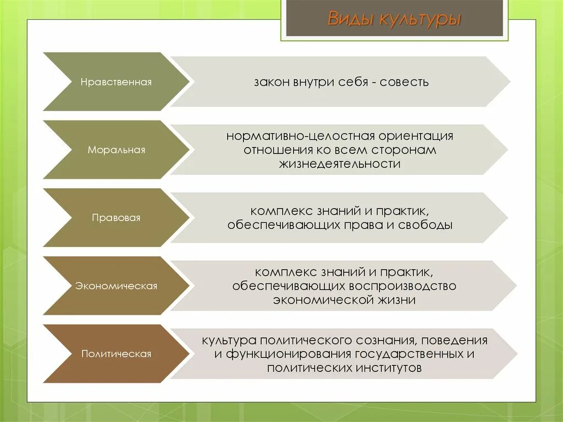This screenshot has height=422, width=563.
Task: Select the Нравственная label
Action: (116, 82)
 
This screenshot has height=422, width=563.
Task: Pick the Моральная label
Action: (116, 150)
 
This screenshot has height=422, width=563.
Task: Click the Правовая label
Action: (116, 218)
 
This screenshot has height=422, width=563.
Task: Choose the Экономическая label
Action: (116, 286)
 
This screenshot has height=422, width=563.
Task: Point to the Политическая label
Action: (116, 354)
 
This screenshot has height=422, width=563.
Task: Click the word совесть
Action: (404, 83)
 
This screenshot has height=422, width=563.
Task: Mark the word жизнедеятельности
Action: (340, 165)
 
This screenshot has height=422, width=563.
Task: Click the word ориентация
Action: (416, 136)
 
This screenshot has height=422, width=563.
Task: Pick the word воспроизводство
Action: (403, 286)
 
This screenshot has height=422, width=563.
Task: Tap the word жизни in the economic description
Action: (396, 300)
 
